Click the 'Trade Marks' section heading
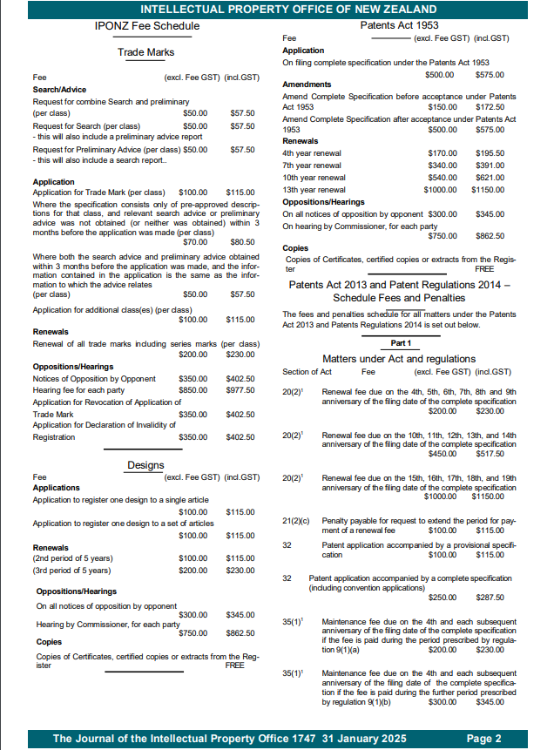[146, 53]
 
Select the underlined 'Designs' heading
[146, 465]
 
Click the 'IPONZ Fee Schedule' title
[146, 26]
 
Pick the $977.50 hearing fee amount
[240, 391]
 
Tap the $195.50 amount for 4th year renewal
[491, 153]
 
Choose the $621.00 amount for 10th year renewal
[491, 178]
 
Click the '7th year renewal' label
[312, 166]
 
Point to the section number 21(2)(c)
[297, 521]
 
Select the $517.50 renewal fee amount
[490, 453]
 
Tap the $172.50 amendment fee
[491, 106]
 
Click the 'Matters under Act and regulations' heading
[399, 358]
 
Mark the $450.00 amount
[443, 453]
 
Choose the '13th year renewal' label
[314, 190]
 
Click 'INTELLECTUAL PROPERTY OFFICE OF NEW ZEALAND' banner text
[277, 9]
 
